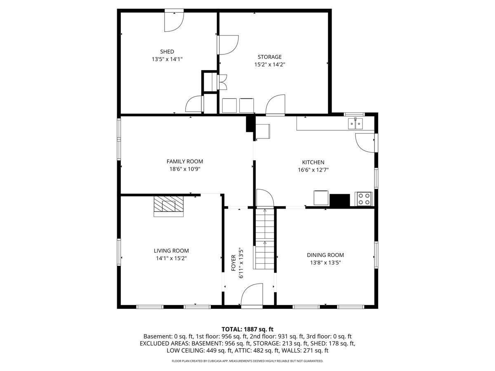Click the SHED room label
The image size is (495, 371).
pyautogui.click(x=167, y=52)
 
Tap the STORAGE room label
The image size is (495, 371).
pyautogui.click(x=269, y=57)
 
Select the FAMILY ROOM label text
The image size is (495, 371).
pyautogui.click(x=185, y=161)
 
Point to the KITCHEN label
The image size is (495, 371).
pyautogui.click(x=313, y=162)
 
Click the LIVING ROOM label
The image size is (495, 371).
pyautogui.click(x=171, y=251)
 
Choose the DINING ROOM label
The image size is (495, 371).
pyautogui.click(x=325, y=255)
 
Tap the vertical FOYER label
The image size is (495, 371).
pyautogui.click(x=233, y=263)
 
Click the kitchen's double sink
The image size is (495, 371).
pyautogui.click(x=355, y=123)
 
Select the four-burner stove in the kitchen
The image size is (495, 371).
pyautogui.click(x=363, y=199)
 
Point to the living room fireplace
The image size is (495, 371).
pyautogui.click(x=168, y=206)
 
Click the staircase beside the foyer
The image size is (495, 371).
pyautogui.click(x=265, y=239)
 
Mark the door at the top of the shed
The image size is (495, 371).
pyautogui.click(x=174, y=21)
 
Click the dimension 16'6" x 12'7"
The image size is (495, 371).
pyautogui.click(x=313, y=170)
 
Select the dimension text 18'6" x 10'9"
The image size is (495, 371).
pyautogui.click(x=185, y=169)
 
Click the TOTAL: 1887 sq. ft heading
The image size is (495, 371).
pyautogui.click(x=247, y=329)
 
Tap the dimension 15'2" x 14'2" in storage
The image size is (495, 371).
pyautogui.click(x=270, y=65)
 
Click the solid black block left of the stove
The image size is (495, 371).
pyautogui.click(x=339, y=200)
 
